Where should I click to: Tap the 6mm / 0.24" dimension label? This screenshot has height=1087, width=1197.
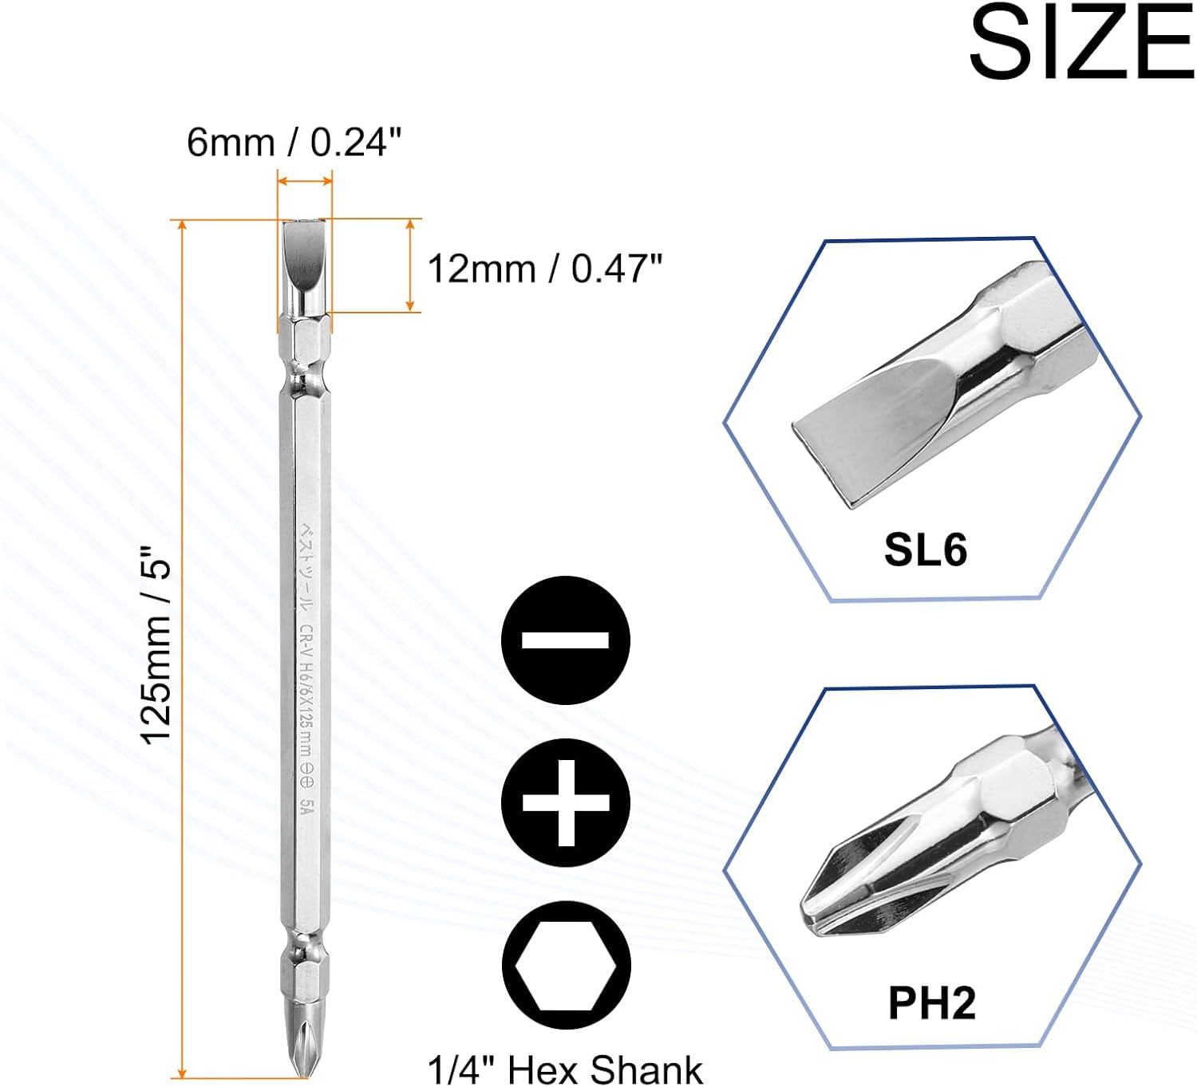coord(294,143)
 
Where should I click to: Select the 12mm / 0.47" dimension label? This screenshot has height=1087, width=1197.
coord(545,269)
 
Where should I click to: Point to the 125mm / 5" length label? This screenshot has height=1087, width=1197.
coord(156,644)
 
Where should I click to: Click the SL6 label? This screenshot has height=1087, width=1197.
coord(925,549)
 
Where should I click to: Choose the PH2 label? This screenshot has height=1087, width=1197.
coord(931,1002)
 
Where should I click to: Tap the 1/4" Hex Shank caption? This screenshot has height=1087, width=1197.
coord(565,1069)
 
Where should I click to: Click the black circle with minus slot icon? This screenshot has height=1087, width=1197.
coord(566,640)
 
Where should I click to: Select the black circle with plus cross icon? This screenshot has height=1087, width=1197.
coord(566,802)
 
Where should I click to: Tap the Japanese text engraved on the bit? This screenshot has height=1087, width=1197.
coord(306,566)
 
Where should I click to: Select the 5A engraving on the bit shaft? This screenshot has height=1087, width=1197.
coord(306,805)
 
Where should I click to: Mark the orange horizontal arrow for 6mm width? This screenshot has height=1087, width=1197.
coord(304,182)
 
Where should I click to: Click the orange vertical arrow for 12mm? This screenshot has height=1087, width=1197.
coord(410,265)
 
